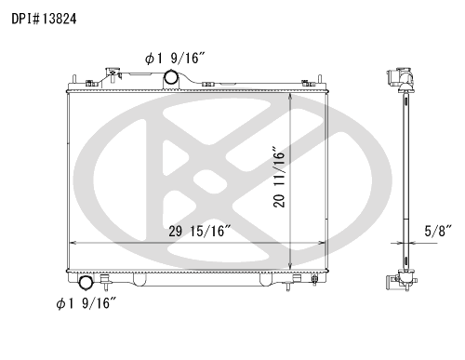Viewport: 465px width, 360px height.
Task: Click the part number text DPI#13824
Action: pyautogui.click(x=44, y=19)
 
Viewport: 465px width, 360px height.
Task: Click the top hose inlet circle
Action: pyautogui.click(x=170, y=77)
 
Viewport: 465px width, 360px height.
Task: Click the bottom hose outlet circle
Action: pyautogui.click(x=86, y=283)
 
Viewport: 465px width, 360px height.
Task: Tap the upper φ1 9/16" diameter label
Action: pyautogui.click(x=175, y=58)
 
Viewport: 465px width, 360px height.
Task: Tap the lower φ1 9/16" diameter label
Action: pyautogui.click(x=86, y=303)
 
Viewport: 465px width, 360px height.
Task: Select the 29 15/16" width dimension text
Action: pyautogui.click(x=200, y=231)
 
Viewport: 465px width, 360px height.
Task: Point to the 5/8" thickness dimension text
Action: pyautogui.click(x=438, y=232)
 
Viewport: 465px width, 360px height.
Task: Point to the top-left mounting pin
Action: pyautogui.click(x=74, y=79)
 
